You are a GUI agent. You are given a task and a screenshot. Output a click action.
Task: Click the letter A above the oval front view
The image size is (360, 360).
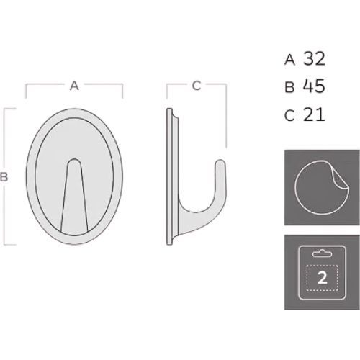[x=74, y=86]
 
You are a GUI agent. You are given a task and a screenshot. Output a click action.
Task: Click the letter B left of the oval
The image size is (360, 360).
[x=4, y=177]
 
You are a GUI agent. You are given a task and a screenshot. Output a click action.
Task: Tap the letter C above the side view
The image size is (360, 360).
[x=197, y=86]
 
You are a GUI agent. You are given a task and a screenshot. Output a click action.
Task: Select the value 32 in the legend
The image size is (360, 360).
[x=314, y=58]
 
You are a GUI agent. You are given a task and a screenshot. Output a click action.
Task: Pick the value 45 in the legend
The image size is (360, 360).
[x=314, y=86]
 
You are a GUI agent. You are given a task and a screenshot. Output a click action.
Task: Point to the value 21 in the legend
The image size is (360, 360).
[x=314, y=114]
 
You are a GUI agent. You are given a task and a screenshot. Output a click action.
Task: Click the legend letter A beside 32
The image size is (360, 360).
[x=289, y=60]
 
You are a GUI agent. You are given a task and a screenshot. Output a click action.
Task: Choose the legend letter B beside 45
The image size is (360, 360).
[x=289, y=87]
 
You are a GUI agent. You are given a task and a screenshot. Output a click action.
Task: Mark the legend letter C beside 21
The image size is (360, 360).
[x=289, y=115]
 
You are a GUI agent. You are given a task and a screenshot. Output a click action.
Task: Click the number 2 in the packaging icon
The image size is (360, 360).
[x=322, y=278]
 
